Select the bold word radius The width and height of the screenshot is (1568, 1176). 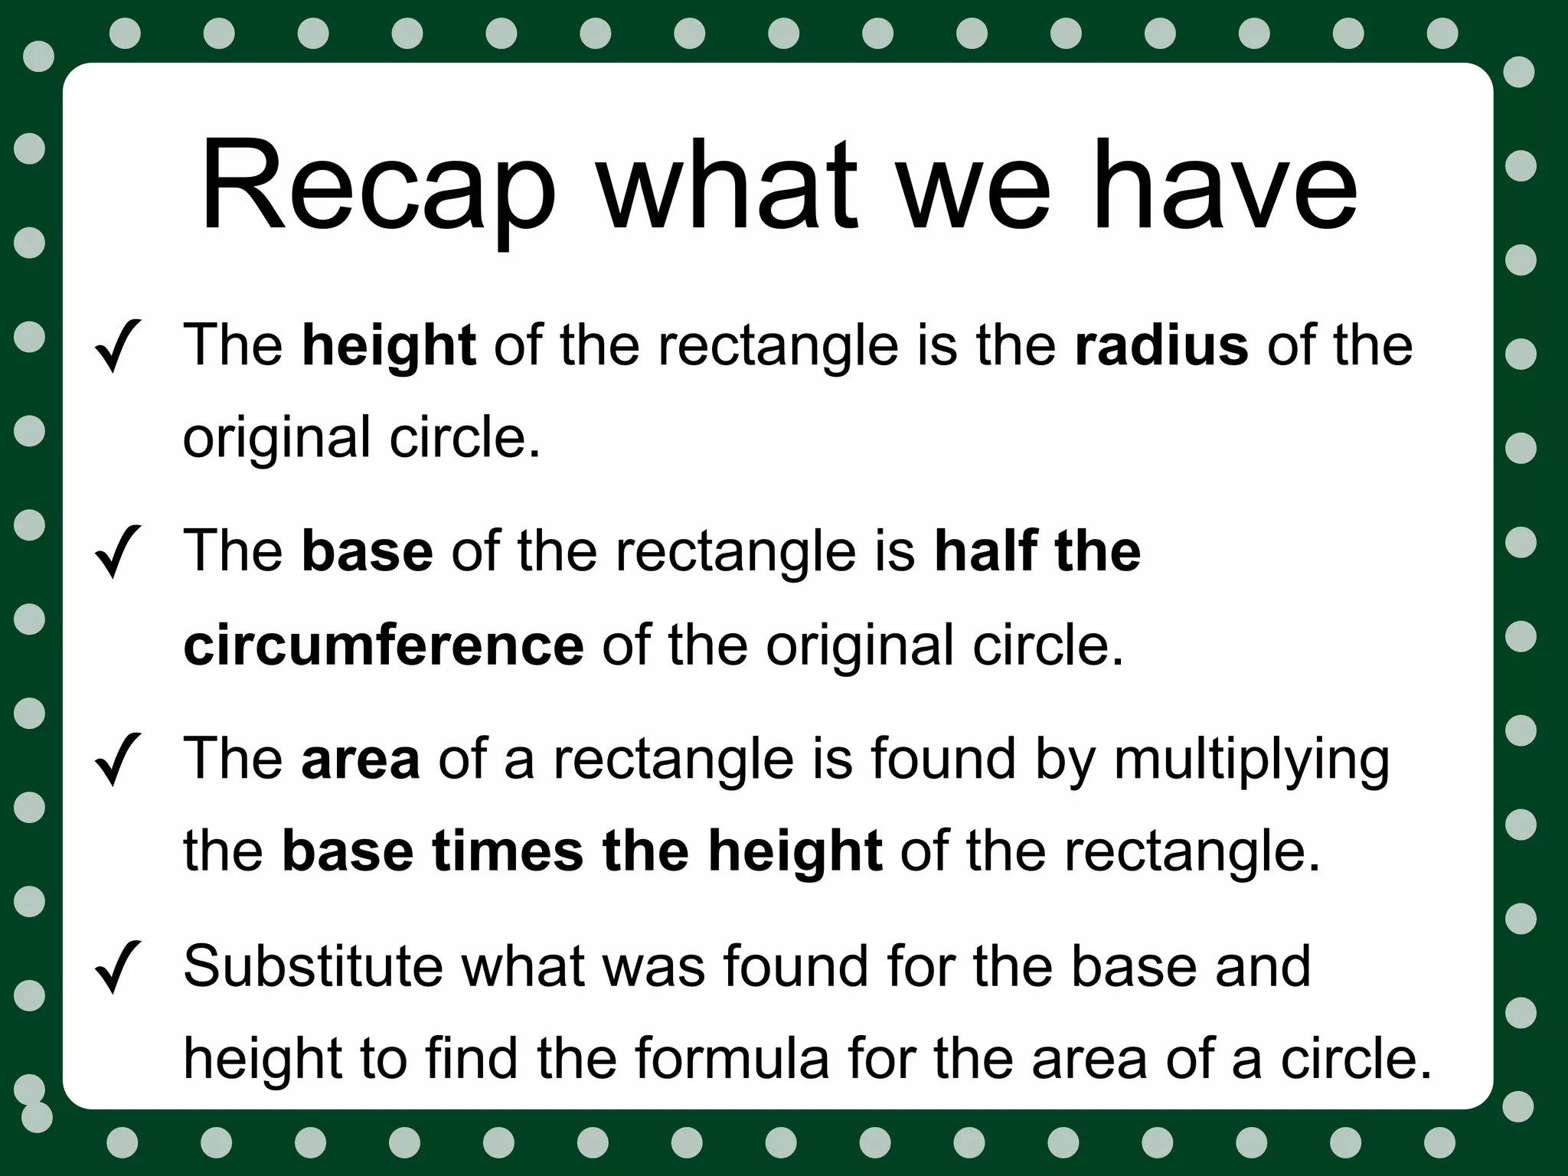[x=1161, y=345]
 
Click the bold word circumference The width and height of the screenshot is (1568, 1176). [x=384, y=645]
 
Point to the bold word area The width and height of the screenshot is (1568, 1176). [x=361, y=759]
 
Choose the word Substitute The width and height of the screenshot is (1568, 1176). [x=313, y=966]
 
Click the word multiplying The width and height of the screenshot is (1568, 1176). [x=1251, y=761]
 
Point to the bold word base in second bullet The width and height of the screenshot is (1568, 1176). [x=367, y=551]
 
